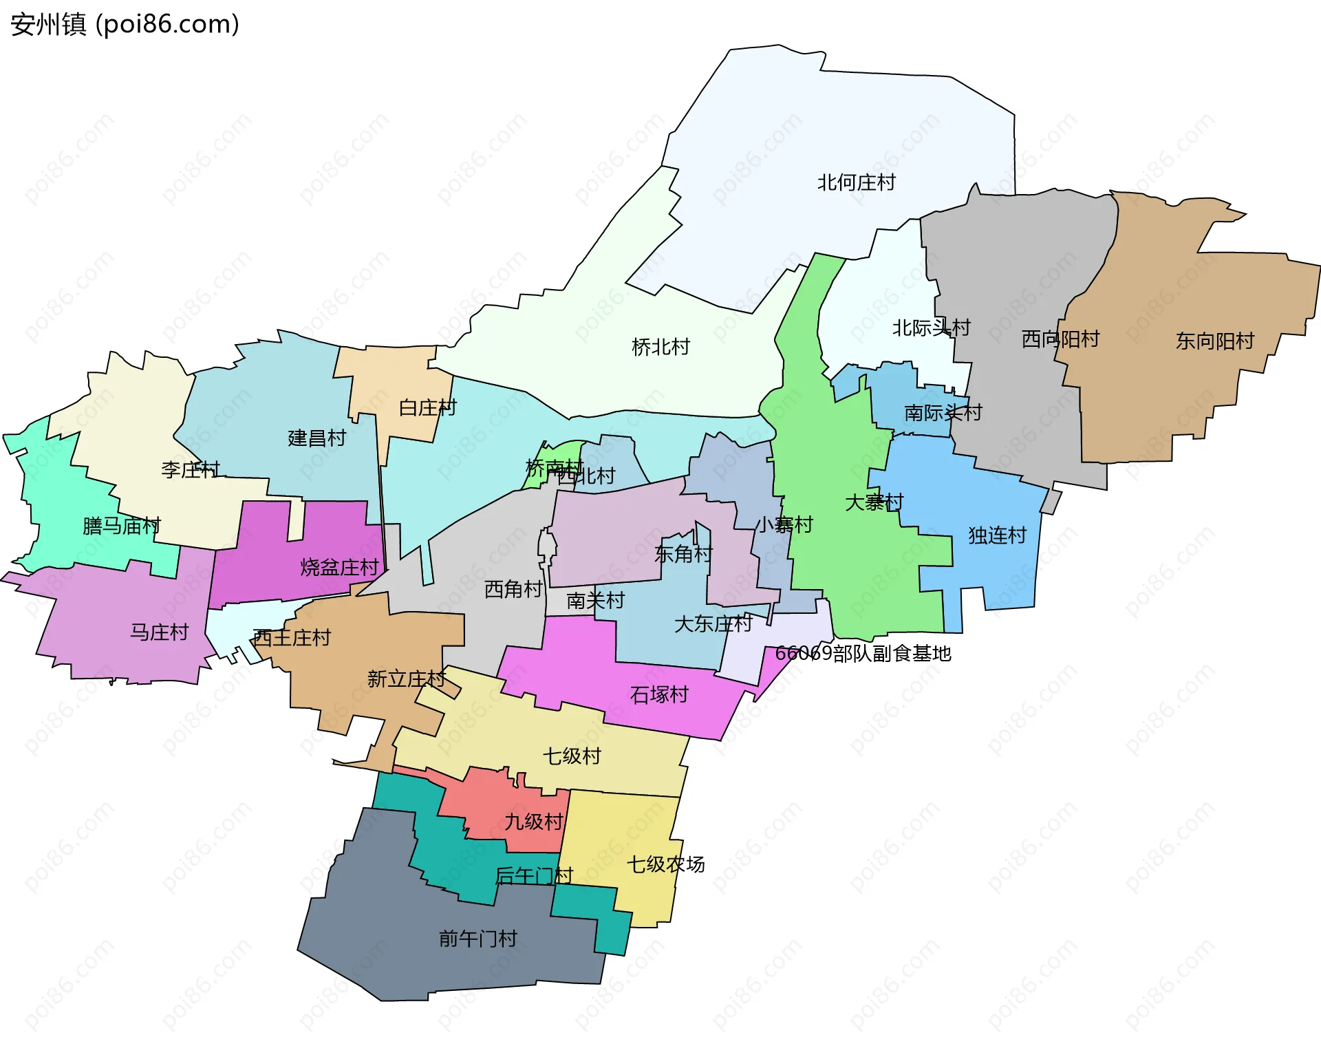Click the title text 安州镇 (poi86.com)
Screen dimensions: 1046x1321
tap(125, 24)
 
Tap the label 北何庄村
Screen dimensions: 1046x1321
tap(856, 182)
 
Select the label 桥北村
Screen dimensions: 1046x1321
tap(660, 347)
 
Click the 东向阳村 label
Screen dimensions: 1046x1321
tap(1214, 341)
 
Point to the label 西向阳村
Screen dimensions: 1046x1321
tap(1060, 339)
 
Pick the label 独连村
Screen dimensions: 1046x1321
tap(997, 535)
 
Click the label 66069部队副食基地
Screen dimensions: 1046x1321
tap(863, 653)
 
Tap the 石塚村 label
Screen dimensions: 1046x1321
tap(659, 694)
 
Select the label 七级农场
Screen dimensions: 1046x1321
tap(665, 864)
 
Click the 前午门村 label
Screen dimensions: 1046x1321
tap(477, 939)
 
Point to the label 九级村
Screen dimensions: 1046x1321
tap(533, 822)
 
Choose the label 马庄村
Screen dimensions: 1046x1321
tap(159, 632)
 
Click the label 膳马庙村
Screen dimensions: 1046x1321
tap(121, 526)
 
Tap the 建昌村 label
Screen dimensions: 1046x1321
tap(316, 438)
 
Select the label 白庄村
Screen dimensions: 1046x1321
tap(427, 407)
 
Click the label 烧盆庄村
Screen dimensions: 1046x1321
tap(339, 567)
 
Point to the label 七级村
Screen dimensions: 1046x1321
tap(572, 756)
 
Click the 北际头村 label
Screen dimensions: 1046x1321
tap(931, 328)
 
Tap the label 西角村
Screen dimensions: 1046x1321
tap(513, 589)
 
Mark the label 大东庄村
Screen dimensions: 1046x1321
tap(713, 623)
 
